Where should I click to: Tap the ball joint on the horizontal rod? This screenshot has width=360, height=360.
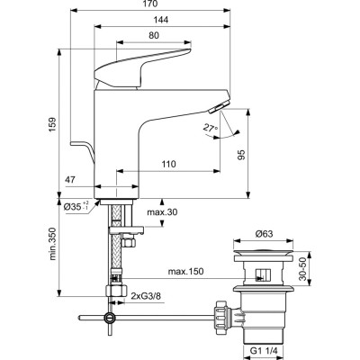(x=109, y=318)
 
